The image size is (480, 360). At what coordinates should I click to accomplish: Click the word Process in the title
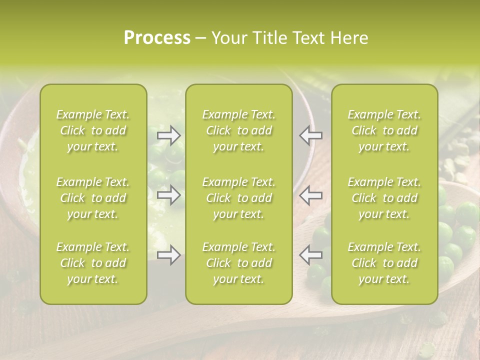tap(157, 38)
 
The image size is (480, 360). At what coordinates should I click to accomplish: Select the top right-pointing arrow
tap(169, 135)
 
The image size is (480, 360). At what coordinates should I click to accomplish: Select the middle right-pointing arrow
tap(169, 195)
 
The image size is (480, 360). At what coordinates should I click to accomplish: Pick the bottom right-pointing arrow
tap(169, 255)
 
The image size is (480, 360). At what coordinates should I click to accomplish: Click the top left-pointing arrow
tap(311, 135)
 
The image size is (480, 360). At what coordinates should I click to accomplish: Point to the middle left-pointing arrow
tap(311, 195)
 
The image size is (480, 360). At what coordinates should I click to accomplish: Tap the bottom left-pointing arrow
tap(311, 255)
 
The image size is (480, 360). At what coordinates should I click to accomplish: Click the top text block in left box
tap(93, 130)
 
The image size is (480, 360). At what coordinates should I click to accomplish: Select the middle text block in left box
tap(93, 198)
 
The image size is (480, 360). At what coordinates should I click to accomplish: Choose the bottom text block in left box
tap(93, 263)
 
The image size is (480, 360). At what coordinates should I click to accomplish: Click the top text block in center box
tap(239, 130)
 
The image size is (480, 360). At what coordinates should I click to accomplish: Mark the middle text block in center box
tap(239, 198)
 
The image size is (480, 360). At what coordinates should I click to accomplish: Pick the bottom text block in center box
tap(239, 263)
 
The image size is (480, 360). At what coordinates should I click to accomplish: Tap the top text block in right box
tap(384, 130)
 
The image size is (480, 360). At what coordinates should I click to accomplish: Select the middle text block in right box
tap(384, 198)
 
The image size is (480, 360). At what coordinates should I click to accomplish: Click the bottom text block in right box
tap(384, 263)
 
